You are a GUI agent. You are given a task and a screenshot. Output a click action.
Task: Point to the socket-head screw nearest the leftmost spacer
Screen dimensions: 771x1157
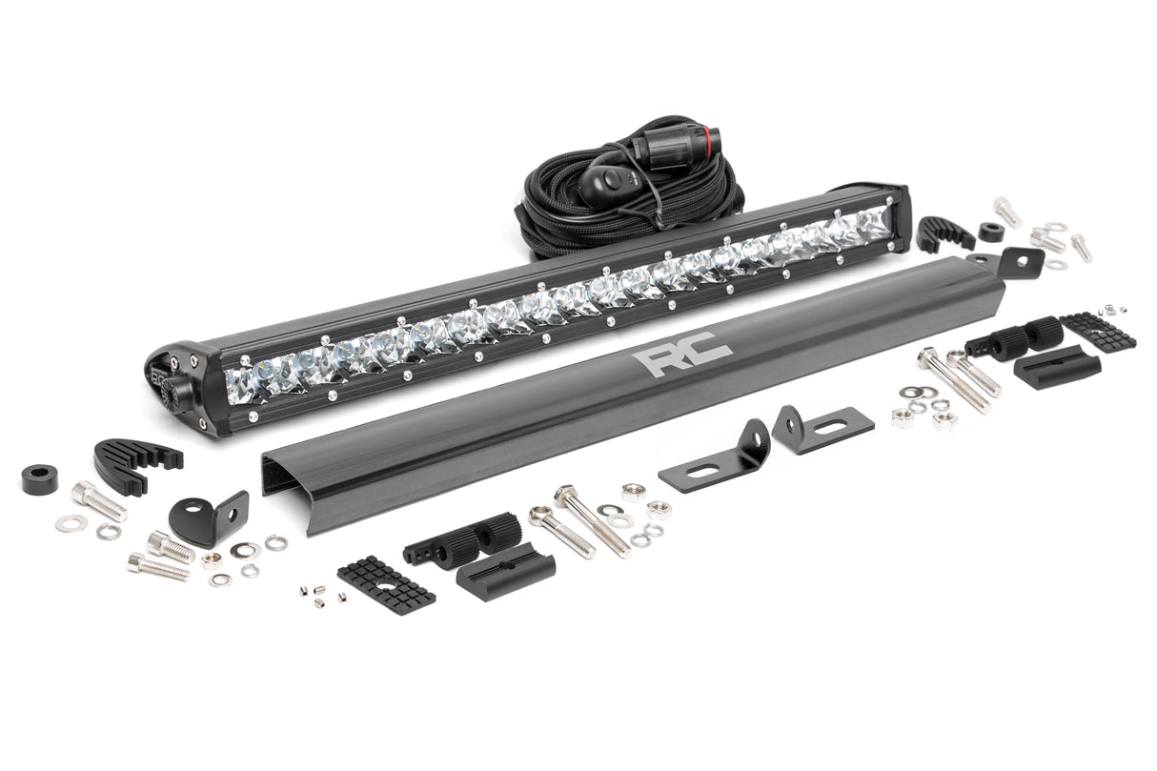coord(97,501)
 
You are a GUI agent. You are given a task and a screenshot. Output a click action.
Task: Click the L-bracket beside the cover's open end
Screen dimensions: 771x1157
coord(212,515)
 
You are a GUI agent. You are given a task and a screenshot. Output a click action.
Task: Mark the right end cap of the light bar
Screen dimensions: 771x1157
coord(900,216)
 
